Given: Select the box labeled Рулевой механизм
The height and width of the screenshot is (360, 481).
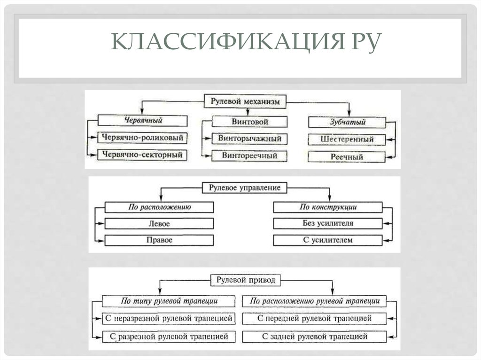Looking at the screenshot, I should (x=246, y=101).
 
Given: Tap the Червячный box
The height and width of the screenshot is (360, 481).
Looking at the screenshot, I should (x=143, y=121).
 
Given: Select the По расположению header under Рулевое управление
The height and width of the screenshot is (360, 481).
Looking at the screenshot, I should (x=160, y=207).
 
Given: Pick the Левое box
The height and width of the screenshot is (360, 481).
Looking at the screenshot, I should (x=160, y=223).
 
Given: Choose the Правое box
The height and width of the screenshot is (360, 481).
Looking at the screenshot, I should (x=160, y=240).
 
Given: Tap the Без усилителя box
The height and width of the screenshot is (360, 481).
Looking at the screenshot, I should (x=328, y=223).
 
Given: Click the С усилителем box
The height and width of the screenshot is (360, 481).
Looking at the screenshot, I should (x=328, y=240).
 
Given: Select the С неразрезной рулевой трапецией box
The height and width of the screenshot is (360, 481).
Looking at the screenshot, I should (x=169, y=319).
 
